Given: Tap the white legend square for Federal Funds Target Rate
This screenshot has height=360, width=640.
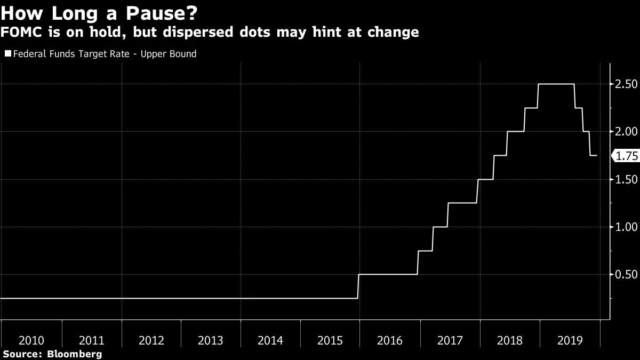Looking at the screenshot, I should pyautogui.click(x=7, y=54).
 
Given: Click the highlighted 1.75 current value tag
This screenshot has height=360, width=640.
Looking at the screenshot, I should pyautogui.click(x=627, y=156).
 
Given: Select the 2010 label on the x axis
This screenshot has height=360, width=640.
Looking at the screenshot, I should pyautogui.click(x=31, y=340).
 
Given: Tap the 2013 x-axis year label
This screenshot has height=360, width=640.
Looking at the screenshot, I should pyautogui.click(x=211, y=340).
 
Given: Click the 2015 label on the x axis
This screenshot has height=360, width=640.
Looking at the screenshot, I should pyautogui.click(x=330, y=340).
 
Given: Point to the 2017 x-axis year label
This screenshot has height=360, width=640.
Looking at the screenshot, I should pyautogui.click(x=450, y=340).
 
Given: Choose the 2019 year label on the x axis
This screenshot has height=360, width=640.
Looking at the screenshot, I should pyautogui.click(x=569, y=340).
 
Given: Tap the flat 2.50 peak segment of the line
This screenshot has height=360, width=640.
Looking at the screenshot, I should pyautogui.click(x=556, y=84).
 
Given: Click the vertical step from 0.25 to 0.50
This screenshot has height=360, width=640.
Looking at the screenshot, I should pyautogui.click(x=358, y=286).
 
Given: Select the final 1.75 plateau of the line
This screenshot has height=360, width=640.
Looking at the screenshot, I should pyautogui.click(x=593, y=156).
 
